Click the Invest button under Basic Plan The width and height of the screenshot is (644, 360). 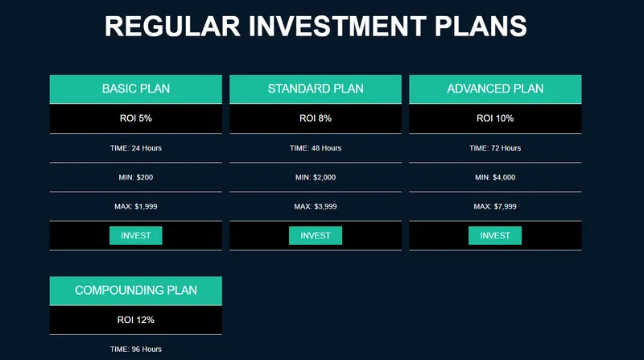click(x=135, y=235)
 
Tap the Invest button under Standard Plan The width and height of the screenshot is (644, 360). click(x=316, y=235)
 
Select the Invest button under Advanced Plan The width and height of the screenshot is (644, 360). click(x=495, y=235)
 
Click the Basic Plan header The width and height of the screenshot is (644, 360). click(x=135, y=89)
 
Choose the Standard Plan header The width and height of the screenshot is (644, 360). click(x=316, y=89)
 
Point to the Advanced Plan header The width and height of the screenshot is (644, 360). click(x=495, y=89)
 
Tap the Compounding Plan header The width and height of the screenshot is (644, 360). click(x=135, y=291)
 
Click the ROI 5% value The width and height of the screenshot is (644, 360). click(x=135, y=118)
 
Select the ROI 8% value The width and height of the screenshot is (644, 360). click(x=316, y=118)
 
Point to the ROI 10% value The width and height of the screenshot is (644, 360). click(x=495, y=118)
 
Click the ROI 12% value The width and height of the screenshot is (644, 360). click(x=135, y=320)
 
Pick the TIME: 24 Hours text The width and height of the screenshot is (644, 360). click(x=135, y=148)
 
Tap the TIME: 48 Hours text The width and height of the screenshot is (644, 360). click(x=316, y=148)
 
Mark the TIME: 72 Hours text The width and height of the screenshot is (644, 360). click(x=495, y=148)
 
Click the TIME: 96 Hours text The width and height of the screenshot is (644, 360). click(x=135, y=350)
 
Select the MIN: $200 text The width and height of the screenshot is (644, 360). click(x=135, y=177)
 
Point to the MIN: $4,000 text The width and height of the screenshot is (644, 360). click(x=495, y=177)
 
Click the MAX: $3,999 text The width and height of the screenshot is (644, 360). click(x=316, y=206)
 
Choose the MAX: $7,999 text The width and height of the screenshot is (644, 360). click(x=495, y=206)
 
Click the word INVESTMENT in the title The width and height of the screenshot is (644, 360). click(x=337, y=27)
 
